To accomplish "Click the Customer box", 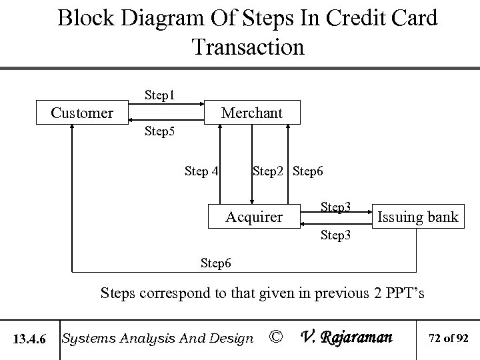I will (83, 113).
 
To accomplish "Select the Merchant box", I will (251, 113).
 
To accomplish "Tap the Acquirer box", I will (253, 216).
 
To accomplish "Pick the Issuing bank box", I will (417, 216).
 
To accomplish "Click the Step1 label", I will (160, 95).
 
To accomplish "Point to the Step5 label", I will (160, 131).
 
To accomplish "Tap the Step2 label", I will (270, 171).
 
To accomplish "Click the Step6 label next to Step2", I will (308, 171).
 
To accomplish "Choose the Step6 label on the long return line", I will (217, 263).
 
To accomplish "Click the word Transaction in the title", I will (247, 47).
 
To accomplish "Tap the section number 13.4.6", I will (29, 339).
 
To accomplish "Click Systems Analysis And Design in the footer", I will (157, 339).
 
